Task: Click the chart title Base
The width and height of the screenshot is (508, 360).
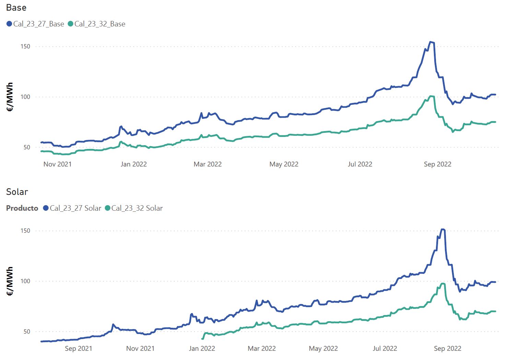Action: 16,8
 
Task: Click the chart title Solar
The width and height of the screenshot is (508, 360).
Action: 17,192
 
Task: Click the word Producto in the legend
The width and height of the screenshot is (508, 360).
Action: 22,208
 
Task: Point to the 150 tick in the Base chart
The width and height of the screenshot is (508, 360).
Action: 25,47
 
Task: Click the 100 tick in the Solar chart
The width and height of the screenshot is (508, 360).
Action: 25,281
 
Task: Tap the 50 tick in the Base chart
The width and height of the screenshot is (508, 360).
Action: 27,148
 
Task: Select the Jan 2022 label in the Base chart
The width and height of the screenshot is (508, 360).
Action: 133,164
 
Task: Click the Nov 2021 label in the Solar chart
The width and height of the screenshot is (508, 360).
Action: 140,349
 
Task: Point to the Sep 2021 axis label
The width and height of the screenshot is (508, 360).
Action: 79,349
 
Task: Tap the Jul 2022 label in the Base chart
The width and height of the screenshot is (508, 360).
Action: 360,164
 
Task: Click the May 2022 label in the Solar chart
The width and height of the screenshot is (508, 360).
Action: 323,349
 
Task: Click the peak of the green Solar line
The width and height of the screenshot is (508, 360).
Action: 443,283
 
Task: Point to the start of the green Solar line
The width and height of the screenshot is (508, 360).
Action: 202,339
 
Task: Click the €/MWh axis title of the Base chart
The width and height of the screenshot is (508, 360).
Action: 10,97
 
